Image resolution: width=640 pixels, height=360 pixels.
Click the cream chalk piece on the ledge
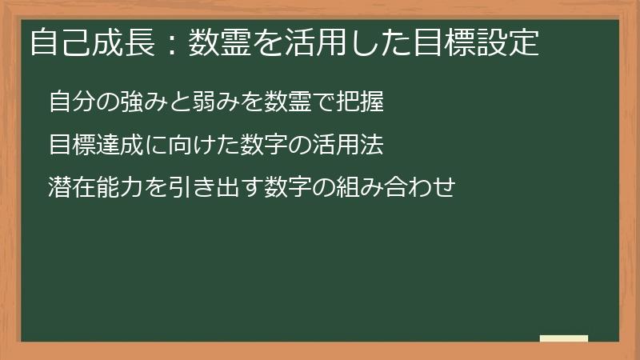[564, 338]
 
